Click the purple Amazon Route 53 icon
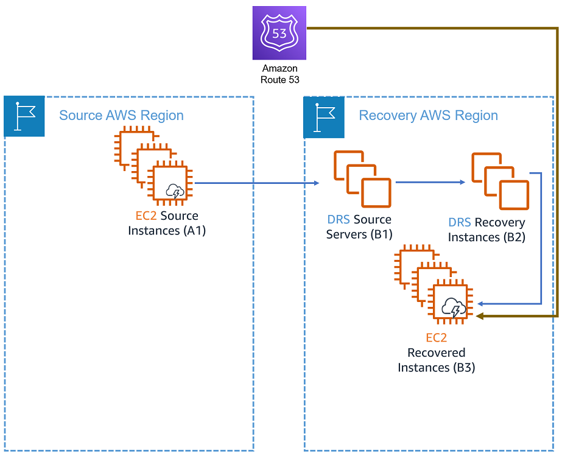(279, 33)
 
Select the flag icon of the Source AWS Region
(24, 116)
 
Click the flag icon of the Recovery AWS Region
(324, 116)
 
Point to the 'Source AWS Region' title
(121, 116)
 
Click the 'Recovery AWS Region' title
(428, 116)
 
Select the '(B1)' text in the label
(381, 234)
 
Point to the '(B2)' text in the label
(512, 237)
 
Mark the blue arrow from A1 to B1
(256, 183)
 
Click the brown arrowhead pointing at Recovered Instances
(480, 316)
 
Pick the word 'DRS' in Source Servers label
(338, 220)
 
